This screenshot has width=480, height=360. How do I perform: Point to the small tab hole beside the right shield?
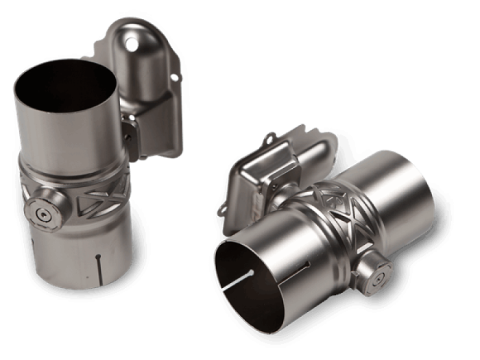221,204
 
